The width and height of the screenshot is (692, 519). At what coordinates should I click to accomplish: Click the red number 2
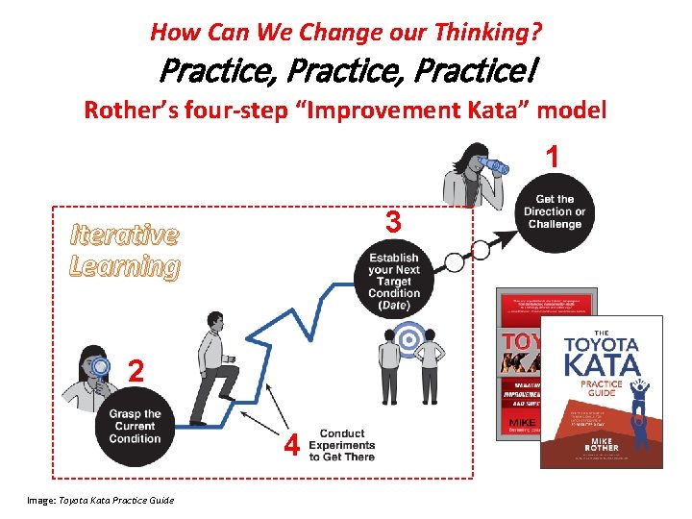point(136,370)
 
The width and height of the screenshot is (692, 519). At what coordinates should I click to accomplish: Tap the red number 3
point(392,223)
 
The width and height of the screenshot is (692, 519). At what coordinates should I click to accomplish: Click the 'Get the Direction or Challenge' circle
point(554,212)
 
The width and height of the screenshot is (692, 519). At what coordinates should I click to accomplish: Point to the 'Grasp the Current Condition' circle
point(135,427)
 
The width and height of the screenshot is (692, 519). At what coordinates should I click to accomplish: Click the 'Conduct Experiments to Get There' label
point(341,446)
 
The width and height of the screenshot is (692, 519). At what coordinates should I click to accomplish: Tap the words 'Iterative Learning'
point(124,250)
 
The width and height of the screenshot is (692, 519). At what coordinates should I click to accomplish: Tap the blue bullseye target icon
point(410,338)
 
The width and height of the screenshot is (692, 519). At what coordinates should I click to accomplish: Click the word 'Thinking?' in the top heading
point(493,33)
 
